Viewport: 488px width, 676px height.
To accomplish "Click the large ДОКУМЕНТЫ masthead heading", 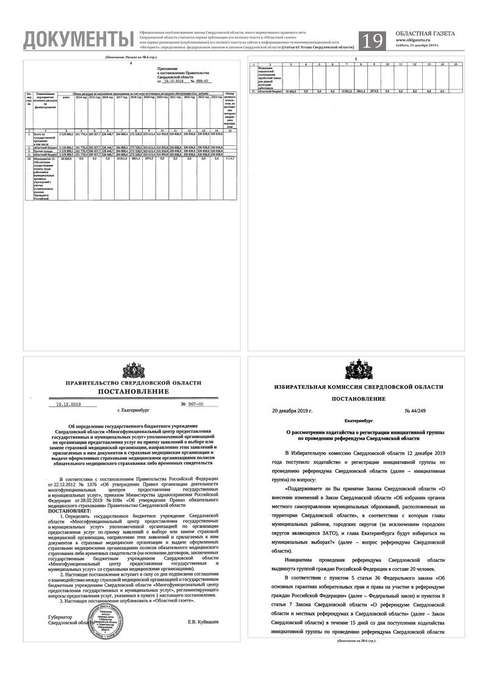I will (77, 40).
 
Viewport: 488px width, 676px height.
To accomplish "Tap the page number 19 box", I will (373, 41).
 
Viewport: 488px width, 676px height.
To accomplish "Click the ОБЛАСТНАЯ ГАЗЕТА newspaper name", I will (425, 34).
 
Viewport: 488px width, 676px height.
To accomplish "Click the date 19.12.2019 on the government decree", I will (68, 405).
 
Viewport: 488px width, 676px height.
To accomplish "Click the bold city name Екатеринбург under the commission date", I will (357, 421).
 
